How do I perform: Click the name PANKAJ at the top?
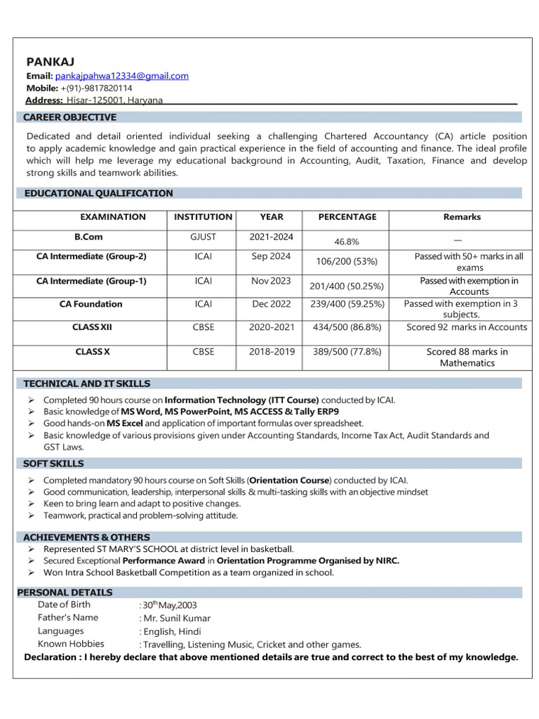(51, 62)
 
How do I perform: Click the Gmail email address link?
(122, 76)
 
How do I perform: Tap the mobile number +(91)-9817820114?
(96, 88)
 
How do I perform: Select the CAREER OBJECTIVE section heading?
(69, 117)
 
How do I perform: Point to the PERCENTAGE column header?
(347, 217)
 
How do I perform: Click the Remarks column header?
(462, 217)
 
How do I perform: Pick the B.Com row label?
(88, 237)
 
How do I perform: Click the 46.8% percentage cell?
(347, 242)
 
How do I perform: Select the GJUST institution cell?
(203, 237)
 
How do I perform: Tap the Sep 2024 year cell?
(271, 256)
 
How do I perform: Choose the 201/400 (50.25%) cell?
(347, 286)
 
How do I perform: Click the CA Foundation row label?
(91, 304)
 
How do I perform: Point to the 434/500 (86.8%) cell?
(347, 327)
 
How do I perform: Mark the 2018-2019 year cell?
(272, 351)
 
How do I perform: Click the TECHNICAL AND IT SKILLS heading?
(86, 383)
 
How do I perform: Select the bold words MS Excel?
(125, 423)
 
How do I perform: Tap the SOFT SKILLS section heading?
(53, 463)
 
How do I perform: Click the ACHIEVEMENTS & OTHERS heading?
(86, 537)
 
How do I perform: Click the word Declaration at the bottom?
(51, 657)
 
